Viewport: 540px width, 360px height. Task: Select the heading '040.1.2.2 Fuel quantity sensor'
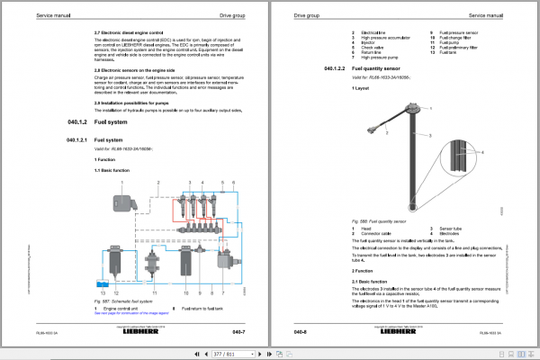[380, 67]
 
